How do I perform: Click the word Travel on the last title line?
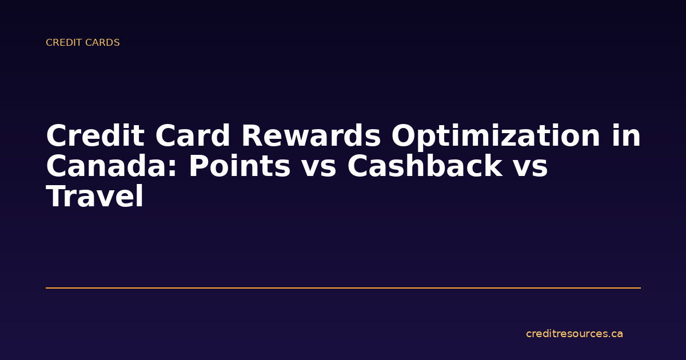click(94, 197)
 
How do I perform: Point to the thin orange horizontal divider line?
click(343, 288)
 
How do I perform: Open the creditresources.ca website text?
click(574, 334)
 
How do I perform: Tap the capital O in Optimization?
click(404, 137)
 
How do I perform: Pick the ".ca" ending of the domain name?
click(615, 334)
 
